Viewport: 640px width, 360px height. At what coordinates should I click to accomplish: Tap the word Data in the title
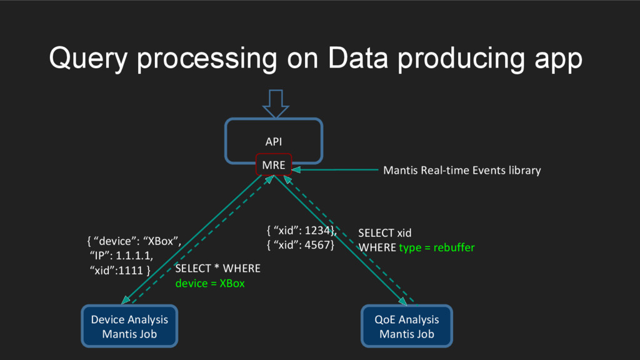[357, 57]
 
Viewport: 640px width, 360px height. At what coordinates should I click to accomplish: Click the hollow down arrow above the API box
[276, 104]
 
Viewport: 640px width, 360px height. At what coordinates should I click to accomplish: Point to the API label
[274, 142]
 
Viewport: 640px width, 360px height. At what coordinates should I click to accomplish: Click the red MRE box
[274, 164]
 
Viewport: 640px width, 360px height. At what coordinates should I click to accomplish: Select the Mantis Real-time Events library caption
[462, 170]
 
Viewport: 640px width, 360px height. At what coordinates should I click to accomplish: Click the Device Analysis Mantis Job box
[129, 326]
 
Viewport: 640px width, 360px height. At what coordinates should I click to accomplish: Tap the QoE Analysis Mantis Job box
[406, 326]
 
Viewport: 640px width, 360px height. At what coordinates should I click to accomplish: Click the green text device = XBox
[210, 283]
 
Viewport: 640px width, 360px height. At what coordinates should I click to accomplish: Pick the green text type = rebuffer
[437, 247]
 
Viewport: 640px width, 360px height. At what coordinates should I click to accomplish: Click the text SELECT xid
[384, 233]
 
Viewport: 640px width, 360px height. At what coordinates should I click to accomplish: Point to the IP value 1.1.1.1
[134, 256]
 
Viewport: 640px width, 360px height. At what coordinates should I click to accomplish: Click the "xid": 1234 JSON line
[301, 231]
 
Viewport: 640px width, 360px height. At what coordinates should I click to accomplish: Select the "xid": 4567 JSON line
[301, 245]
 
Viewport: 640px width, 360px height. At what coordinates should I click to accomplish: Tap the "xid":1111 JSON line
[119, 270]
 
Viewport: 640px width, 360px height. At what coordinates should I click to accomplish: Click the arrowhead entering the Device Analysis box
[126, 300]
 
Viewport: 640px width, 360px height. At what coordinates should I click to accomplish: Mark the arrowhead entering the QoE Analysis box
[402, 301]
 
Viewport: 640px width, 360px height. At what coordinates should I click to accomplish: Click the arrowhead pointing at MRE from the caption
[297, 170]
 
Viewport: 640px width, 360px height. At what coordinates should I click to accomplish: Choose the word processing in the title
[207, 59]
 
